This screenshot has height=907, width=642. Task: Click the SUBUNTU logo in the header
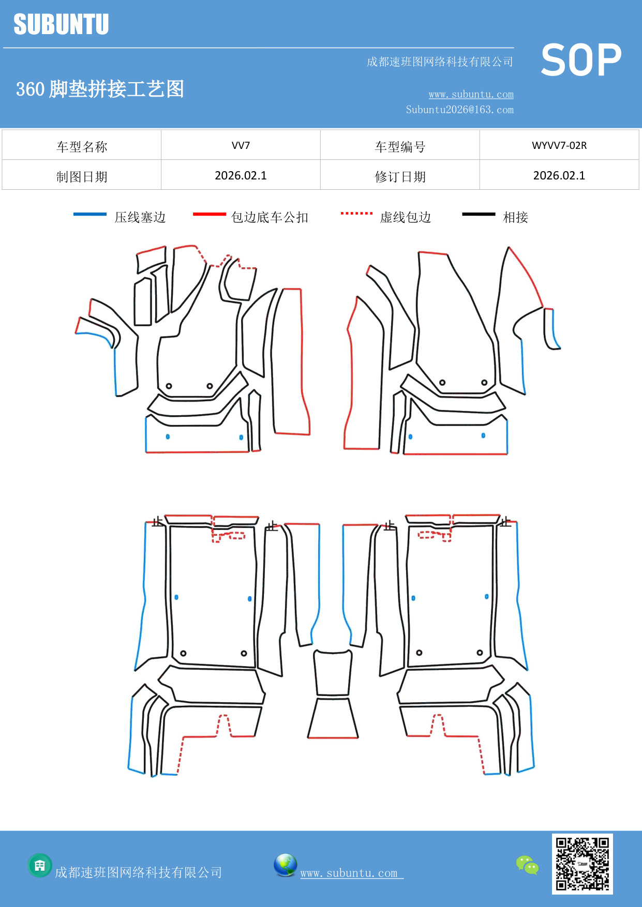61,24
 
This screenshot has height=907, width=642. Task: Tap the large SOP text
581,60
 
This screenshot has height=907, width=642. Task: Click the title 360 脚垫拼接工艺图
100,89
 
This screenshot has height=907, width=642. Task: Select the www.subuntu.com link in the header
471,94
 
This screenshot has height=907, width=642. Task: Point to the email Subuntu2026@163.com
459,110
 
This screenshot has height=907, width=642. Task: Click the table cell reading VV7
241,145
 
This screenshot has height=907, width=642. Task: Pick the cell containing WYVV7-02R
559,145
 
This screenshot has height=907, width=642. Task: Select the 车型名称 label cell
82,147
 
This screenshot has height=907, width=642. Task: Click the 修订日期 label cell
400,177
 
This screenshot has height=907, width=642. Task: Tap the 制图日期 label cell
82,177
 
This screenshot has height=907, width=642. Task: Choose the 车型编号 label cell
400,147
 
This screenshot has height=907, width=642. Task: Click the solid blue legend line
90,214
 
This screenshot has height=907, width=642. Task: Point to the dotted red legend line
356,213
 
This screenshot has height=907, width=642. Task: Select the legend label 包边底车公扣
270,217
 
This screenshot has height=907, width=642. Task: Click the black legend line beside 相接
479,214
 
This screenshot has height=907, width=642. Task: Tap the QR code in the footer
582,864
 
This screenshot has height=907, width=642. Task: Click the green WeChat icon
527,865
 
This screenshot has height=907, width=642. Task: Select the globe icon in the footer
285,865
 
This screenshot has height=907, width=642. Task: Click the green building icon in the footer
40,865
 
